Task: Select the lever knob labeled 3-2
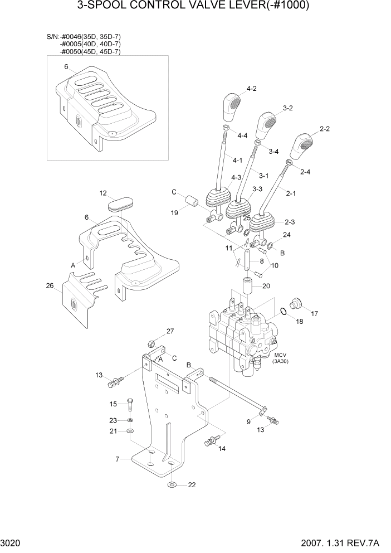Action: tap(266, 127)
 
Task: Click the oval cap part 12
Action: tap(119, 203)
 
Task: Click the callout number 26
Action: tap(50, 286)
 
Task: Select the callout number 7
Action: tap(118, 459)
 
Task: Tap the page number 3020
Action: tap(12, 542)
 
